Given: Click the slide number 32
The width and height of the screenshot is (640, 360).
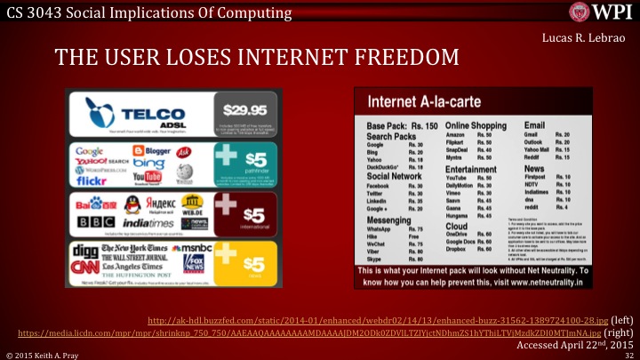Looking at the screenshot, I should pos(627,354).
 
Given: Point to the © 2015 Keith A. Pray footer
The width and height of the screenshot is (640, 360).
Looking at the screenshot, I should pos(44,354).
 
